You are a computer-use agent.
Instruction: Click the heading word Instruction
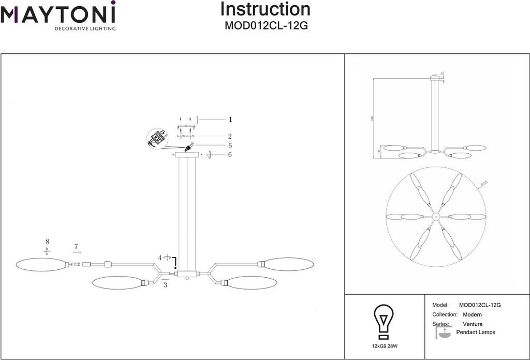pos(266,9)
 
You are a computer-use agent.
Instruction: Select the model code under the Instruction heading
pos(266,25)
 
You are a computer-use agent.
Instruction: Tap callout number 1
pos(230,119)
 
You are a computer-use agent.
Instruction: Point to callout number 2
pos(230,136)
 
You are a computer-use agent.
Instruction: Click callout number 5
pos(230,146)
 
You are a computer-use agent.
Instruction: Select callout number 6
pos(230,154)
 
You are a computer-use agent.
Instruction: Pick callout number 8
pos(47,242)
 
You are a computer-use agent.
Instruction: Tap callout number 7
pos(76,247)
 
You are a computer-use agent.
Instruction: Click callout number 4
pos(160,257)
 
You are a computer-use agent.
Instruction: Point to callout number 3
pos(165,284)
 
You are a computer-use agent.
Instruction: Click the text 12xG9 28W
pos(384,345)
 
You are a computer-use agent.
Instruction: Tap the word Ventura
pos(473,324)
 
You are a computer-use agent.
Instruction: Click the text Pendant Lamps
pos(476,333)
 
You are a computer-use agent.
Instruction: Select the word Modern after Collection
pos(472,315)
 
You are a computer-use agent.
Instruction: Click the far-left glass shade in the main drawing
pos(41,264)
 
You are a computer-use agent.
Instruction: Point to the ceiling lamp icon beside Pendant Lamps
pos(443,332)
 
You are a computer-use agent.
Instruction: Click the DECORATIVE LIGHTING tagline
pos(85,28)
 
